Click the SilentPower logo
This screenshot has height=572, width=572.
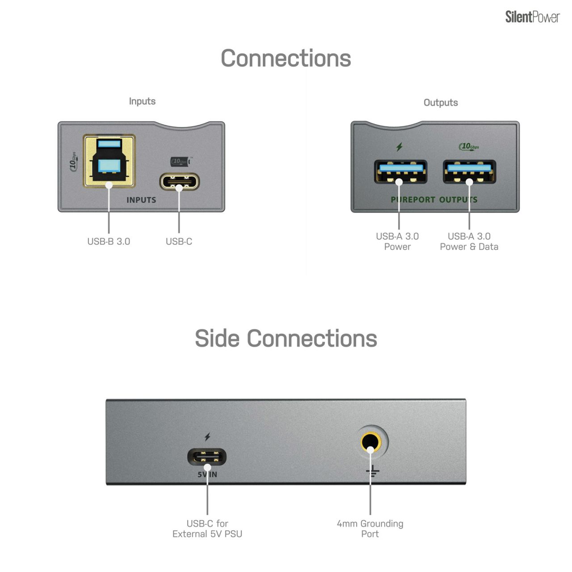[x=532, y=17]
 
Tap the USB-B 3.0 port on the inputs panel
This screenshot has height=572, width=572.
[x=109, y=161]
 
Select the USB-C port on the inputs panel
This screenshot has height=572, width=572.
[x=179, y=182]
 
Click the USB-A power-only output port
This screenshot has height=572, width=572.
[x=400, y=172]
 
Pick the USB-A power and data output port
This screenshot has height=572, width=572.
[x=469, y=172]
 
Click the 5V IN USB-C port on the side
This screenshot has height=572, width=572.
[x=207, y=457]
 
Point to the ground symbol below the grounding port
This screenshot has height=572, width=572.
[x=372, y=471]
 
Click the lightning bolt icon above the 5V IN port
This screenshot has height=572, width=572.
[x=207, y=437]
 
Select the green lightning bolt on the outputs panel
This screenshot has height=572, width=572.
[x=400, y=147]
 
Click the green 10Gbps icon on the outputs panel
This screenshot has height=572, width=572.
[x=469, y=146]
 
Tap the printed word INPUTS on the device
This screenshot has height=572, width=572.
[x=141, y=200]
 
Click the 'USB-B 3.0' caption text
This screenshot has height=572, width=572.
[x=109, y=241]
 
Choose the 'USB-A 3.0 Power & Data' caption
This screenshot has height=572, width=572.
[x=469, y=241]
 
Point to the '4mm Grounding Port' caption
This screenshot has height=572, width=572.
[x=370, y=528]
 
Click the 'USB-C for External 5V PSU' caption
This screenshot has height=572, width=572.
[x=207, y=528]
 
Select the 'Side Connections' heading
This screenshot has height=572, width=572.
[x=286, y=338]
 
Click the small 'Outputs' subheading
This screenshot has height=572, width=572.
[x=441, y=102]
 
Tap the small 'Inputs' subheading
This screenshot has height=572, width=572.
[x=142, y=101]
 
